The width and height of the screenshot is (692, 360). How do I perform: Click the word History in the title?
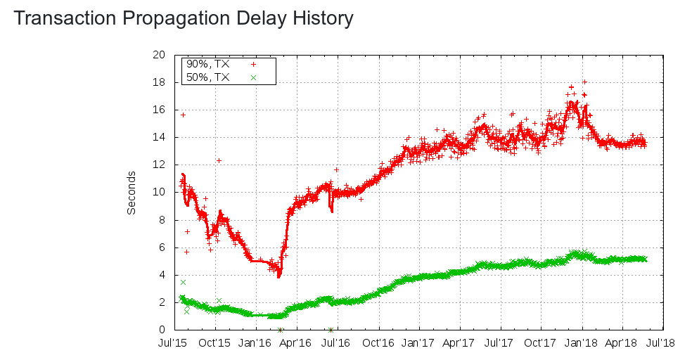[x=319, y=18]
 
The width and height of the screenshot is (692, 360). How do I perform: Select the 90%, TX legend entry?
[x=207, y=63]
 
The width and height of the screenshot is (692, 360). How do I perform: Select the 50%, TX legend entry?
[x=207, y=77]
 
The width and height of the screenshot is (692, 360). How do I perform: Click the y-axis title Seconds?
[x=132, y=193]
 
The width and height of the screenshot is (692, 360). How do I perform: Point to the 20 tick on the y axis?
[x=159, y=55]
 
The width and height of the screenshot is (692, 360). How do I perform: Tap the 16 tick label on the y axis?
[x=159, y=110]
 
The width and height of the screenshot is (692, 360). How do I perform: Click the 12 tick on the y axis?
[x=159, y=165]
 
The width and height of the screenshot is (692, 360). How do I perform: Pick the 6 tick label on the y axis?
[x=162, y=247]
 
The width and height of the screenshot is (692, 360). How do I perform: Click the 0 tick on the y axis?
[x=162, y=330]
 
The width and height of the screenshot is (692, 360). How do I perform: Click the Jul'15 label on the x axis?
[x=173, y=344]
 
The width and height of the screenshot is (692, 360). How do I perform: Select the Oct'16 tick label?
[x=378, y=344]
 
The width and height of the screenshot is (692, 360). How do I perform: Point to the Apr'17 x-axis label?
[x=460, y=344]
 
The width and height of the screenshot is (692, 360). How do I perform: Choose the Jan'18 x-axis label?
[x=582, y=344]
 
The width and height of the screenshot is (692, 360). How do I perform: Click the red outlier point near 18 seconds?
[x=584, y=82]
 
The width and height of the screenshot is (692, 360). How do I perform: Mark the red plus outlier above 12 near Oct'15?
[x=219, y=160]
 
